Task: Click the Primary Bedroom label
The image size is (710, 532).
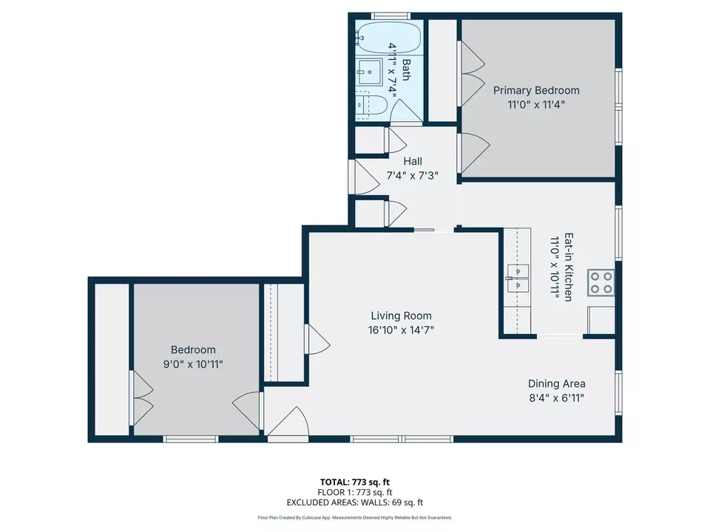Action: click(x=536, y=90)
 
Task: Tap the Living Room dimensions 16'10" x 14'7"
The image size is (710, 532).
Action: click(x=401, y=330)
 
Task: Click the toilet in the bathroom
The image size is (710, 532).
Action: click(x=368, y=106)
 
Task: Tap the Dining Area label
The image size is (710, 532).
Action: click(x=556, y=383)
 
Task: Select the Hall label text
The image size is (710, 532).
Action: click(x=413, y=161)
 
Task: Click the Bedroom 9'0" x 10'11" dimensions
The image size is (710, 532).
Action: click(x=193, y=364)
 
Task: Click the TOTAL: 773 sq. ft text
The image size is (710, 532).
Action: click(x=354, y=482)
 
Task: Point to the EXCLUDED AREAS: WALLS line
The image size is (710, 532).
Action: click(x=354, y=502)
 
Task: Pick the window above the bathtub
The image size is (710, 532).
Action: click(x=390, y=16)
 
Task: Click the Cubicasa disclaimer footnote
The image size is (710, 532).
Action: click(x=354, y=518)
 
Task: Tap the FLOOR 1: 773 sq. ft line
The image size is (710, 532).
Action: click(x=354, y=492)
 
